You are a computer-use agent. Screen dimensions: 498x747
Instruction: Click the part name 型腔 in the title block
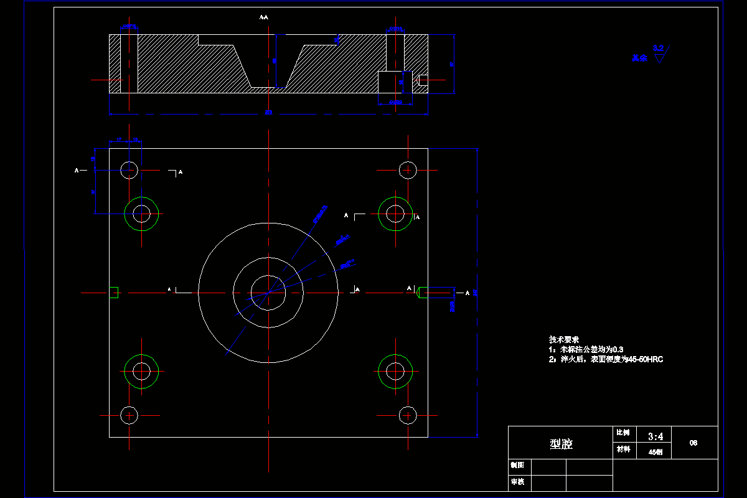[x=561, y=444]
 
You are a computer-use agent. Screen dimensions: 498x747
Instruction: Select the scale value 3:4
[x=655, y=436]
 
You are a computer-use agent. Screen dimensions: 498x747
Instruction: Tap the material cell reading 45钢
[x=655, y=453]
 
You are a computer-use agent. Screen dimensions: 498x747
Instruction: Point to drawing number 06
[x=693, y=443]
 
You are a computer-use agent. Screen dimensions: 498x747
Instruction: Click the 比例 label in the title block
[x=622, y=433]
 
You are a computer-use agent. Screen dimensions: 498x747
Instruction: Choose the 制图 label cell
[x=517, y=465]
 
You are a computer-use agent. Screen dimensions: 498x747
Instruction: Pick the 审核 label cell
[x=517, y=481]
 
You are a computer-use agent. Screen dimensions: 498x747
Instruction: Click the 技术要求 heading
[x=564, y=339]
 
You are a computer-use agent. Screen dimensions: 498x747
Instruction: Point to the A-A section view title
[x=264, y=17]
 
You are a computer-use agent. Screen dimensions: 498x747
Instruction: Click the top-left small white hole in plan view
[x=129, y=169]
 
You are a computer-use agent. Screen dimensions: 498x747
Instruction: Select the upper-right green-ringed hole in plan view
[x=395, y=214]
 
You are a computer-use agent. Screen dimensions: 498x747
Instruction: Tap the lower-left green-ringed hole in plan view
[x=141, y=371]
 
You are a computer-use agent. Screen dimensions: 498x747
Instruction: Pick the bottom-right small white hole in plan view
[x=408, y=414]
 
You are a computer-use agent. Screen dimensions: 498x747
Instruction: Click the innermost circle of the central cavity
[x=268, y=292]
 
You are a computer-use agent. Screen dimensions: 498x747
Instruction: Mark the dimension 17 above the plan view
[x=119, y=141]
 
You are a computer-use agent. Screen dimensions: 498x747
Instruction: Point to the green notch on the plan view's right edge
[x=421, y=292]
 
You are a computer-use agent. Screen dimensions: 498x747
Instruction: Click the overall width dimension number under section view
[x=268, y=113]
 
